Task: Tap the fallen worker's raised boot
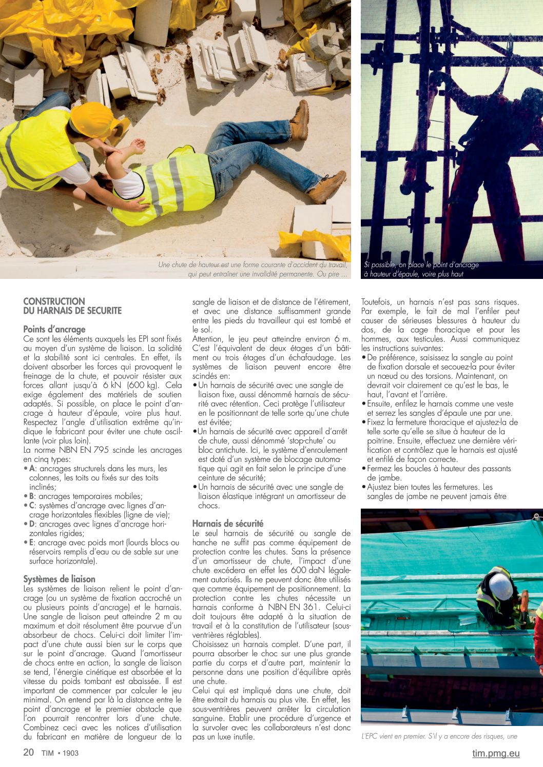click(x=300, y=120)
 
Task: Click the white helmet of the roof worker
click(x=500, y=587)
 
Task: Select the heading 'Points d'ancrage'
click(x=54, y=329)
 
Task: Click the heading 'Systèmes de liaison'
click(x=59, y=579)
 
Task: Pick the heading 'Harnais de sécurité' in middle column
click(x=228, y=523)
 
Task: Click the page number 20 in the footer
click(x=29, y=752)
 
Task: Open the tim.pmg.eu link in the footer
click(x=496, y=753)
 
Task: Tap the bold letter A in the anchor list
click(x=32, y=469)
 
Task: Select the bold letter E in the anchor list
click(x=32, y=542)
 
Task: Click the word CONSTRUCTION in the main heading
click(x=54, y=301)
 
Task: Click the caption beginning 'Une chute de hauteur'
click(x=253, y=269)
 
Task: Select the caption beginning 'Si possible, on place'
click(x=421, y=269)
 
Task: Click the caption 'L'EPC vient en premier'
click(x=439, y=736)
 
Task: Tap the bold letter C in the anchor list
click(x=32, y=506)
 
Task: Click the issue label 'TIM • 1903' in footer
click(x=60, y=753)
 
